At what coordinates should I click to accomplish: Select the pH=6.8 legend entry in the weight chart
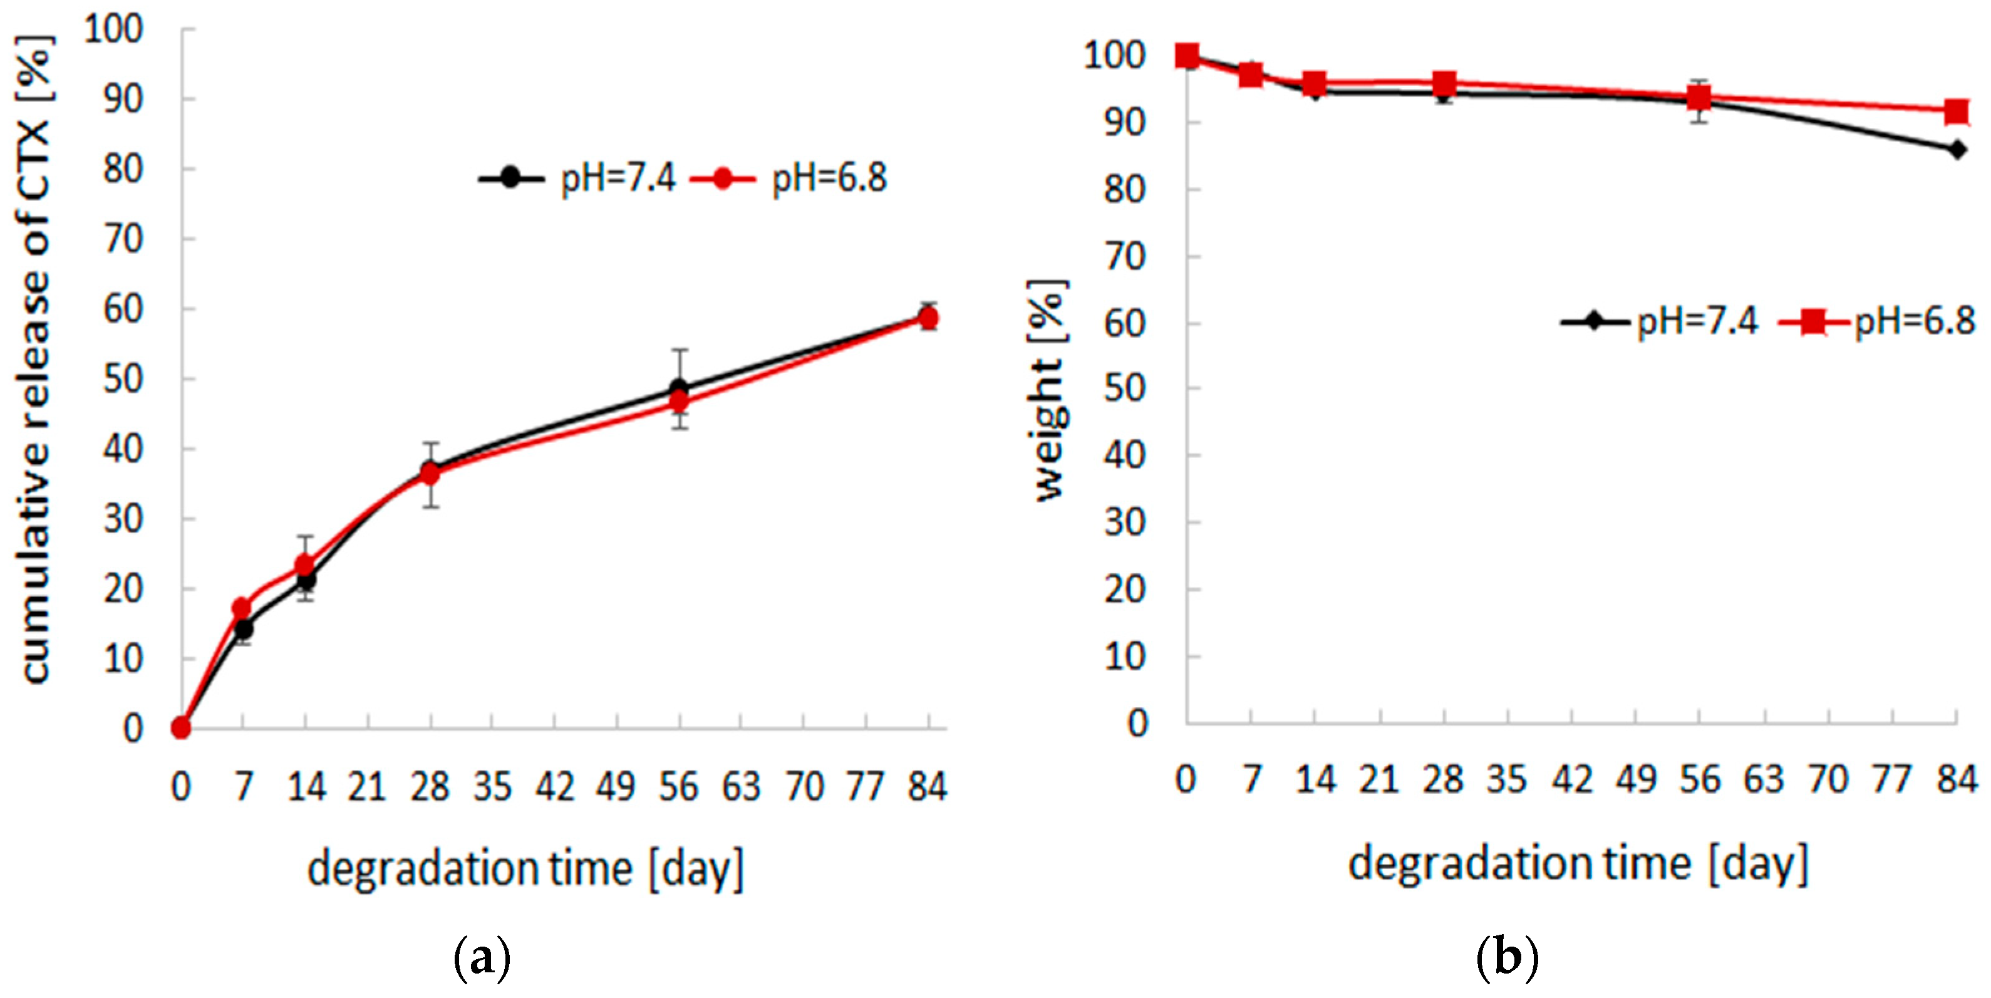click(1878, 321)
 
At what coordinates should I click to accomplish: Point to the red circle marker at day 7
click(243, 608)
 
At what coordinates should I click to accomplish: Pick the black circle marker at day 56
click(679, 388)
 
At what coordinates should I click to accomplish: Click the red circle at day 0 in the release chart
click(181, 727)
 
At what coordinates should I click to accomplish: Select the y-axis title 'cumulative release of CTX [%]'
click(35, 360)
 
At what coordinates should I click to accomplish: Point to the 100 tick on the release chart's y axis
click(113, 29)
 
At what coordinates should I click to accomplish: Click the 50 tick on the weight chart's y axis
click(1125, 388)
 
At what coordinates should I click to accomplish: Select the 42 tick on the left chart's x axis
click(555, 787)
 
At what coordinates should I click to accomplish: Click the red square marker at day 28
click(1444, 83)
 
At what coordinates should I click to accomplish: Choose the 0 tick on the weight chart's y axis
click(1137, 724)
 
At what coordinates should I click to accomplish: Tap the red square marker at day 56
click(1699, 97)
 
